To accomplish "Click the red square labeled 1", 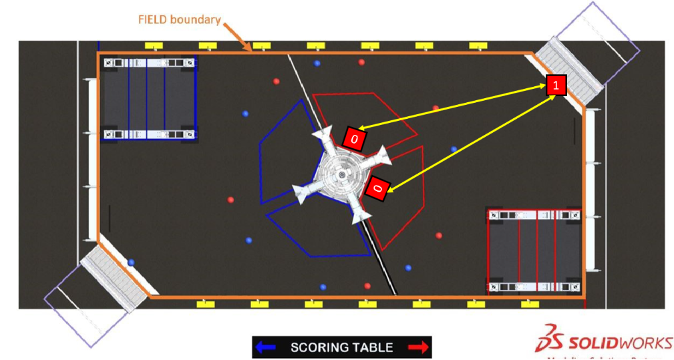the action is [556, 85].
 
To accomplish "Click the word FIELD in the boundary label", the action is [152, 19].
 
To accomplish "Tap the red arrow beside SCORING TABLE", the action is [417, 347].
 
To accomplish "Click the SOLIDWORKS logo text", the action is [621, 343].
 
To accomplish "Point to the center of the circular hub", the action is [341, 175].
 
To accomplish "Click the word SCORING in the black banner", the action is [319, 347].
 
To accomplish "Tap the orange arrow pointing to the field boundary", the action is [238, 37].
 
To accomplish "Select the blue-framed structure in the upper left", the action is [149, 98].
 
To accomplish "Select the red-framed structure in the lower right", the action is [534, 251].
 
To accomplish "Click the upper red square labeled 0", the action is [355, 138].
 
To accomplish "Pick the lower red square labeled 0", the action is [377, 188].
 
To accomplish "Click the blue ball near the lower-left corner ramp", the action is [132, 262].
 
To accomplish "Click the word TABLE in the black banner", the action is [373, 347].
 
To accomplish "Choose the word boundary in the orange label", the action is [195, 19].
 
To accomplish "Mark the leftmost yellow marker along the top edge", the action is [154, 45].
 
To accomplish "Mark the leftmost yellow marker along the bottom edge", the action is [205, 304].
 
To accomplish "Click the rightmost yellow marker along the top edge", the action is [478, 45].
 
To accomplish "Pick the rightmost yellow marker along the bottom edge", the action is [530, 304].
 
